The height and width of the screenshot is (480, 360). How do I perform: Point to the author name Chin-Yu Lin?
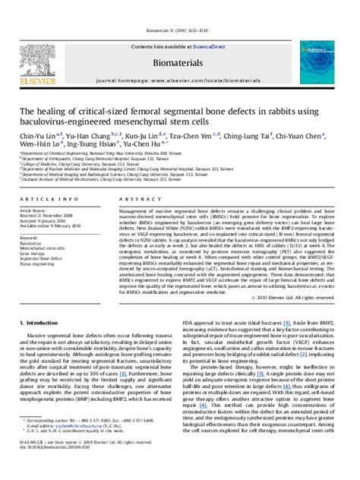point(43,137)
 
